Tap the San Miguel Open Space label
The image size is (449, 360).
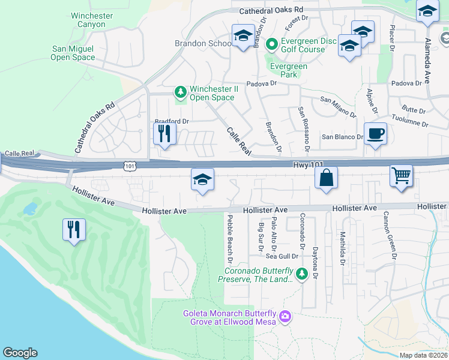pyautogui.click(x=73, y=53)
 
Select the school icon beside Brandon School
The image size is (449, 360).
pyautogui.click(x=243, y=36)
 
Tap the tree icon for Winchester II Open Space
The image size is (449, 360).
pyautogui.click(x=179, y=92)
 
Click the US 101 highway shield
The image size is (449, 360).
pyautogui.click(x=129, y=164)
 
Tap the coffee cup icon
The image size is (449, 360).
pyautogui.click(x=375, y=133)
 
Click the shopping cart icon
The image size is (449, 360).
pyautogui.click(x=401, y=176)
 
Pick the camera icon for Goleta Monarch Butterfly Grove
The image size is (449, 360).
pyautogui.click(x=285, y=316)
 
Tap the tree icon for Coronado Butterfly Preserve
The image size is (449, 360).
pyautogui.click(x=301, y=274)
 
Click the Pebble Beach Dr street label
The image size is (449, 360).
pyautogui.click(x=229, y=238)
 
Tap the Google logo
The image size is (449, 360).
pyautogui.click(x=20, y=353)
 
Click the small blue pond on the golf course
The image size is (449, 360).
pyautogui.click(x=30, y=209)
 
